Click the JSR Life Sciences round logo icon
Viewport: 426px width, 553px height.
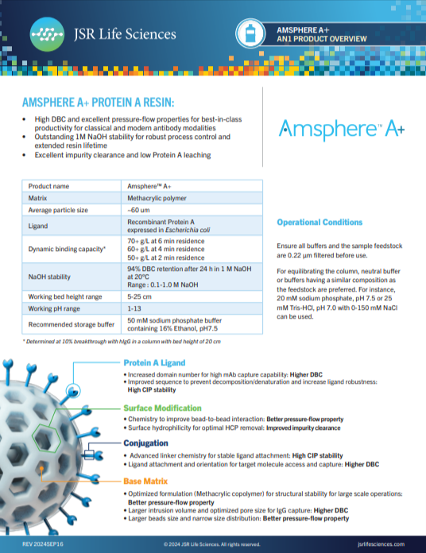[x=45, y=34]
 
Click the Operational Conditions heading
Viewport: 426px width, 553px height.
[x=319, y=222]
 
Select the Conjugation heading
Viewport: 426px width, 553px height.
[x=146, y=443]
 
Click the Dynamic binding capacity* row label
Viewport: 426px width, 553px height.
[x=67, y=249]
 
